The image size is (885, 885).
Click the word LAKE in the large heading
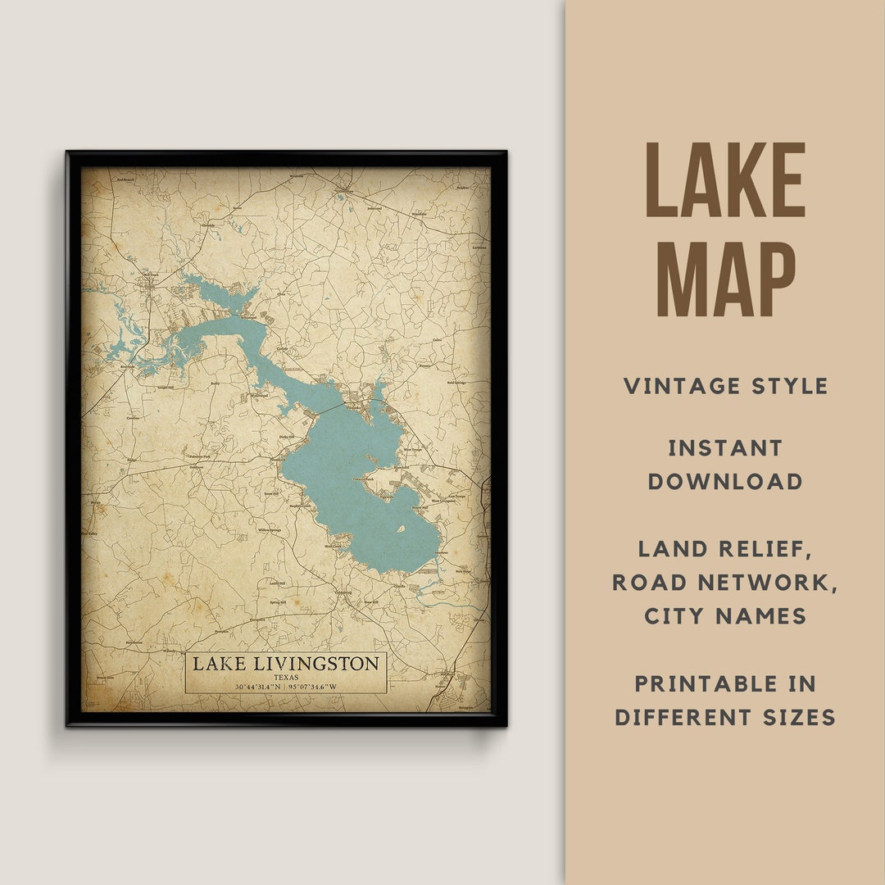(725, 180)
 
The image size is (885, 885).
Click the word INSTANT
(725, 448)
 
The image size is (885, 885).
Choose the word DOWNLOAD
(725, 482)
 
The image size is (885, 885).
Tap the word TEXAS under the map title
(286, 678)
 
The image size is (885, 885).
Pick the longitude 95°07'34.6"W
(313, 687)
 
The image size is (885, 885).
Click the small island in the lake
(402, 529)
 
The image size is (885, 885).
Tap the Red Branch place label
(125, 179)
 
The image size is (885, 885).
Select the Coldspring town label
(343, 592)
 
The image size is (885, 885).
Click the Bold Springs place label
(456, 383)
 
